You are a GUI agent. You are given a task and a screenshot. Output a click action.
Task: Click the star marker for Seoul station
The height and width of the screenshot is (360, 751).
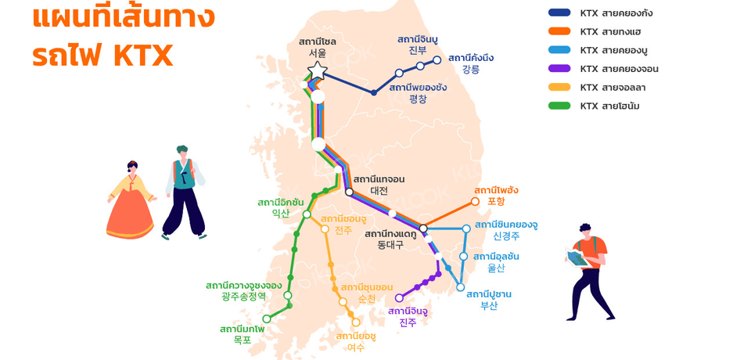point(317,72)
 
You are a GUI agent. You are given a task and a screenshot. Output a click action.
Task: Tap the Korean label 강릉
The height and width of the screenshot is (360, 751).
point(471,69)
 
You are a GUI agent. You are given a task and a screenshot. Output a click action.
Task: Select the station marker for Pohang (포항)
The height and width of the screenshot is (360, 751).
point(475,201)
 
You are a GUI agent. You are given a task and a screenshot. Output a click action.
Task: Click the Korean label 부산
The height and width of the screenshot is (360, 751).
point(489,306)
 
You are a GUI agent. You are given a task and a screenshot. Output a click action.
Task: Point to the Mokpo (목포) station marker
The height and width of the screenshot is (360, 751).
point(267,319)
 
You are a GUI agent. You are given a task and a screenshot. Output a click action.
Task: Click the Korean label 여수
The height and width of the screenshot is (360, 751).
point(356,347)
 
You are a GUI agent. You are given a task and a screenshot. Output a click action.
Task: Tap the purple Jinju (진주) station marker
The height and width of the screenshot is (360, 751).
point(399,297)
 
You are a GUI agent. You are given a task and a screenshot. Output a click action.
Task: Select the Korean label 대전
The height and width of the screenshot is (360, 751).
point(379,190)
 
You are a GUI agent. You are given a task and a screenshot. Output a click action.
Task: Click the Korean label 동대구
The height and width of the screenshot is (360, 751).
point(390,245)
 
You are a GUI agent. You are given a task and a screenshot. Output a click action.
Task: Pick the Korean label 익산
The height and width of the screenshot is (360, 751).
point(280,213)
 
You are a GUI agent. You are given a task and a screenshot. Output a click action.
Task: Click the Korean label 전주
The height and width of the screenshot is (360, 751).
point(343,230)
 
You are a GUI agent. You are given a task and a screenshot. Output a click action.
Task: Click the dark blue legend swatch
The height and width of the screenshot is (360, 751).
point(559,13)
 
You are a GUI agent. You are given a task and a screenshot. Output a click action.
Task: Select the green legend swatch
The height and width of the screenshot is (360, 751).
point(559,106)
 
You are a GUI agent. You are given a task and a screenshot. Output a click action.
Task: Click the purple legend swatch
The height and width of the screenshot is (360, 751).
point(559,69)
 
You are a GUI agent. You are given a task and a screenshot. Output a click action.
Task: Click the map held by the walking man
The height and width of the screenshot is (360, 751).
point(577,257)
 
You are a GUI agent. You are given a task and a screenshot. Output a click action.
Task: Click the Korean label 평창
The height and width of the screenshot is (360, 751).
point(418,99)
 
